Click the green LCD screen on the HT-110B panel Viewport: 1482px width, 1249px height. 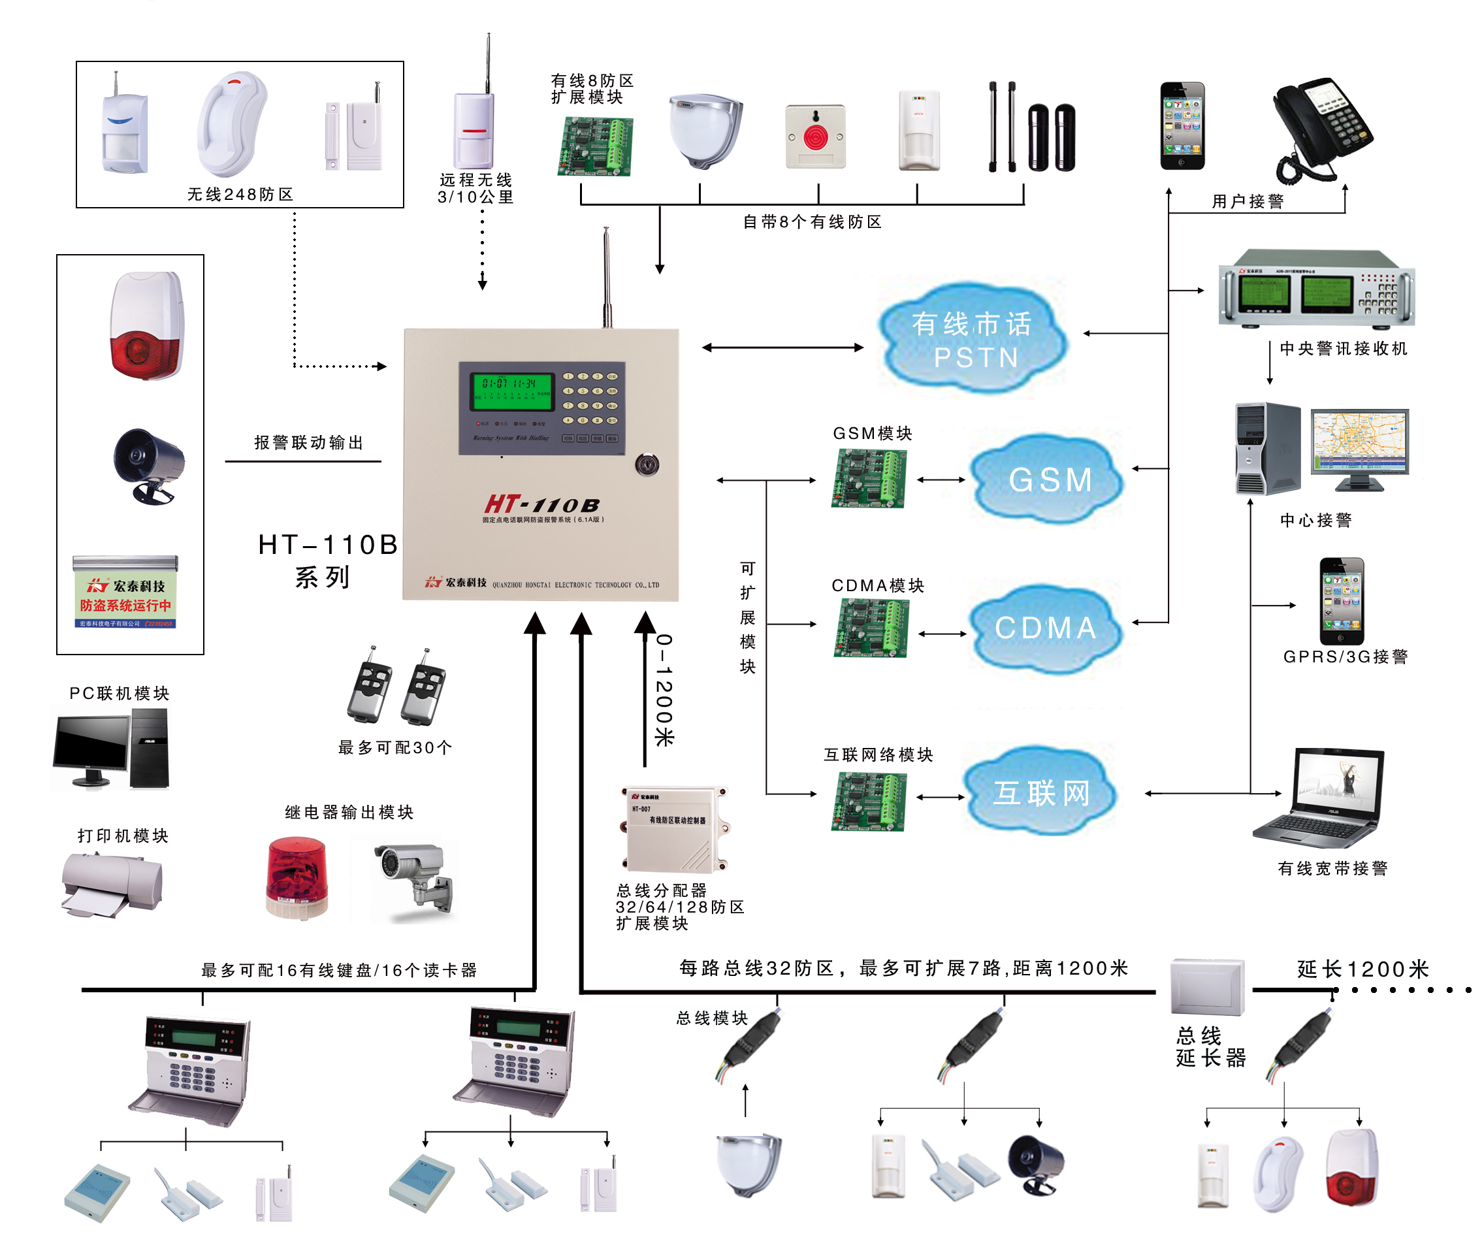click(x=511, y=391)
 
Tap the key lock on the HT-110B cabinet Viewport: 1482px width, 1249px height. click(x=647, y=464)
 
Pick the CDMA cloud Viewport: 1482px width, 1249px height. click(x=1046, y=627)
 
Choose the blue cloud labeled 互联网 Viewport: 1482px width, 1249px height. click(x=1041, y=792)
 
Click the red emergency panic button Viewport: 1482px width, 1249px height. click(x=815, y=137)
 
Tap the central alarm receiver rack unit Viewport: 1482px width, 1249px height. click(x=1315, y=288)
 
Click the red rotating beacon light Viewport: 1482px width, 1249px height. click(x=297, y=878)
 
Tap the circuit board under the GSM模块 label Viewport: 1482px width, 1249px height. click(x=868, y=479)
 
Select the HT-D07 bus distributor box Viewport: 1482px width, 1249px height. click(x=675, y=829)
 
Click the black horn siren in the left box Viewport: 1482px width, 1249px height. click(x=149, y=465)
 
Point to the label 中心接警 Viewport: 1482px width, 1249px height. click(x=1315, y=521)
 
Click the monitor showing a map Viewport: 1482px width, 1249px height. click(x=1359, y=446)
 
